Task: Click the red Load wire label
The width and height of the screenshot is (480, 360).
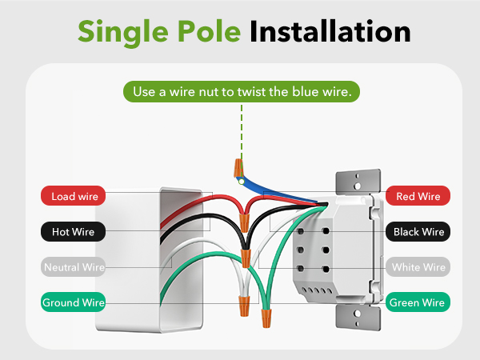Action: (x=74, y=196)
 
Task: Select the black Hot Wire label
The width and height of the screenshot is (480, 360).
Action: (x=74, y=232)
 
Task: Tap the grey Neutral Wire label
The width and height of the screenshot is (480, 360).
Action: (x=74, y=267)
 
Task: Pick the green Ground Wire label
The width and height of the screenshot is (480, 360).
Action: (x=74, y=302)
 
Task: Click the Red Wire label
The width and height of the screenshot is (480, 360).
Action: (x=418, y=196)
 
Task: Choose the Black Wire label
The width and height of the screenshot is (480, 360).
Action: (x=418, y=232)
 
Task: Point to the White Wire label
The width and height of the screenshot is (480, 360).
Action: (x=418, y=267)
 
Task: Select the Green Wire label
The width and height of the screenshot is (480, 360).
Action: (x=418, y=302)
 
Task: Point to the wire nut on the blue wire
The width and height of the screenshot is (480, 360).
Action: (x=238, y=167)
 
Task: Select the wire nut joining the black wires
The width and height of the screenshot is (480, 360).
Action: (x=244, y=258)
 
